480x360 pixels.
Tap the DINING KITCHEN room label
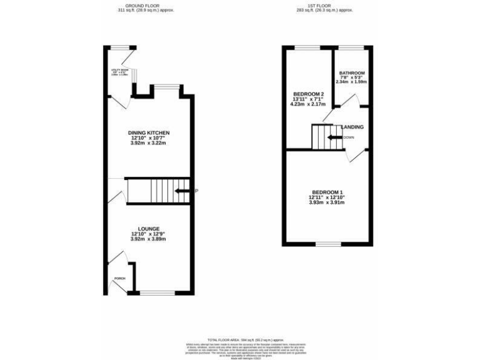tap(149, 132)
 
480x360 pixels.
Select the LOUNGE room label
tap(149, 229)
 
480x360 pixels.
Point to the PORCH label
tap(119, 279)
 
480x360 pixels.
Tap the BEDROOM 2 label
tap(307, 93)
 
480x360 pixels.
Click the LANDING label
tap(352, 127)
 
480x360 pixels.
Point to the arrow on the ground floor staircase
tap(183, 191)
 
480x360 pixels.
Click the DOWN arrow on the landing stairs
tap(335, 137)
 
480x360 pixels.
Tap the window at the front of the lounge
tap(157, 292)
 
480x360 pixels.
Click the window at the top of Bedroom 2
tap(307, 47)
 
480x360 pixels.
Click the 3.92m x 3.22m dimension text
tap(149, 144)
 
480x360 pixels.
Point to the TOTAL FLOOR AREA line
tap(241, 337)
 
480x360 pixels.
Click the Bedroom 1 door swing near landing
tap(355, 156)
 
